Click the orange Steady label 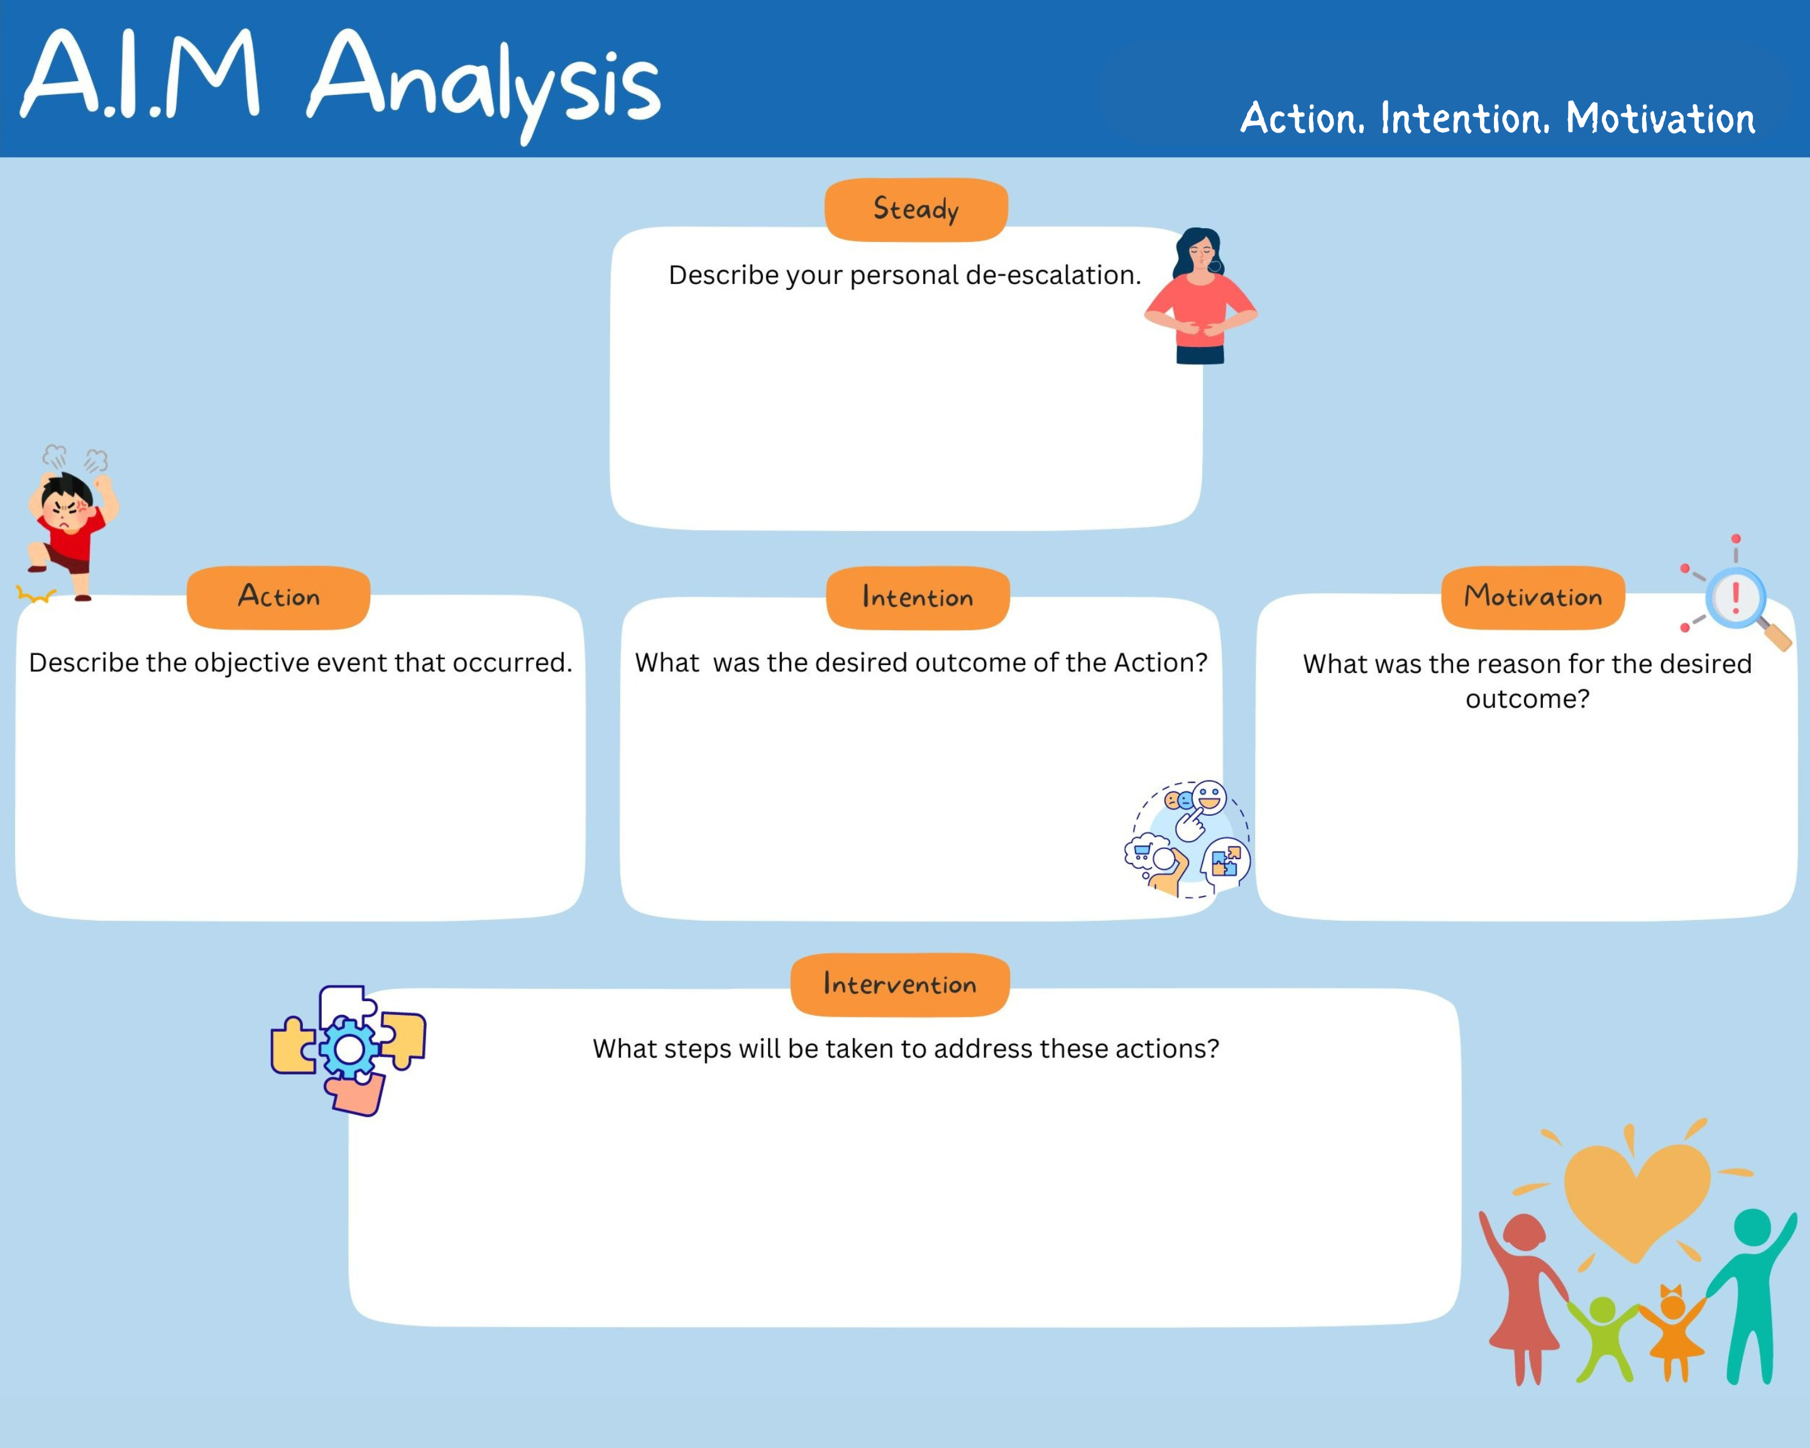(x=916, y=210)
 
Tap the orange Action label (x=278, y=598)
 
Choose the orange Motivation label (x=1533, y=598)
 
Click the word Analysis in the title (x=485, y=84)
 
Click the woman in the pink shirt (x=1200, y=296)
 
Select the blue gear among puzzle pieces (x=350, y=1048)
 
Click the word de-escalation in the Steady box (x=1053, y=275)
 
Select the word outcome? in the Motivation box (x=1528, y=698)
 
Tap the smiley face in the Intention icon (x=1209, y=798)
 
